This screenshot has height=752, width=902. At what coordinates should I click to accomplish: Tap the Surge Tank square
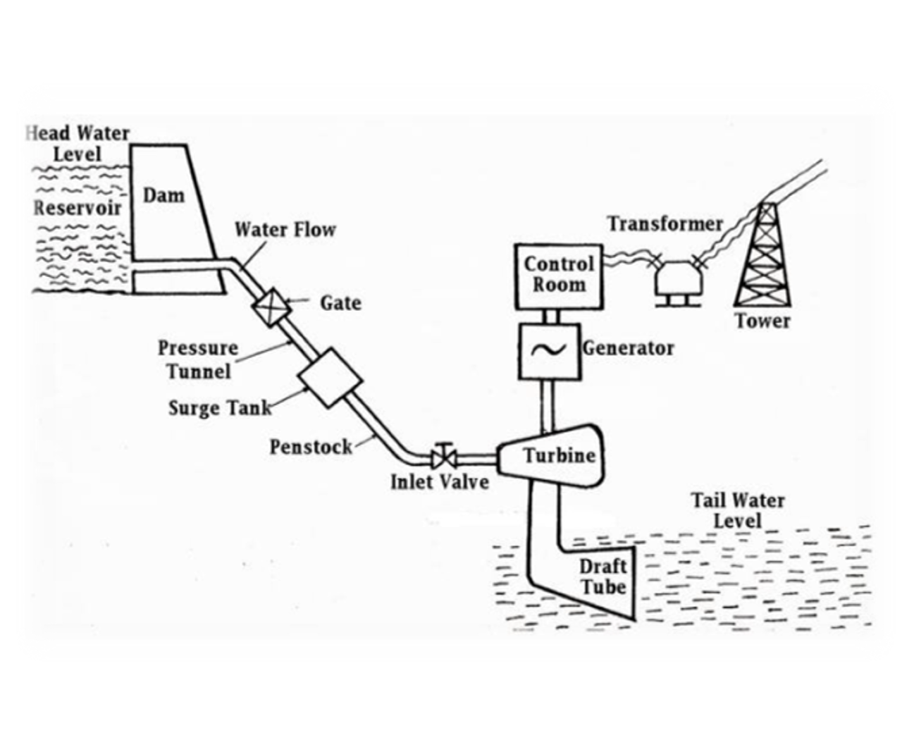(x=330, y=378)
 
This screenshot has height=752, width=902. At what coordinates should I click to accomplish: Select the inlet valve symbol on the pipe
(x=443, y=457)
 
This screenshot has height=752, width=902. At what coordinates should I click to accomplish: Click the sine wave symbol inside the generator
(x=549, y=350)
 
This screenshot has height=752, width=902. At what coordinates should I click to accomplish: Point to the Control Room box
(x=559, y=276)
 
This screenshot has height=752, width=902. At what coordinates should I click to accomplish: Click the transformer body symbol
(x=678, y=278)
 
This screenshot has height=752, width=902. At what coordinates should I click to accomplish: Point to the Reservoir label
(x=78, y=208)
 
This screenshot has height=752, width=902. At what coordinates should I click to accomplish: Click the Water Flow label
(x=285, y=230)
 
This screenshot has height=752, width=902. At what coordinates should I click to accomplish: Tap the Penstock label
(x=310, y=447)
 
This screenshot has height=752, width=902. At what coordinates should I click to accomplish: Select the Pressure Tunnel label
(x=198, y=359)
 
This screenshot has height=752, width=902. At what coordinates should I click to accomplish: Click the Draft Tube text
(x=603, y=576)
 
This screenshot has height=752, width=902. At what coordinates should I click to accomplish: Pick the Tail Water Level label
(x=737, y=510)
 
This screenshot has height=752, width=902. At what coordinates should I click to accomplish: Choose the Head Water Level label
(x=78, y=143)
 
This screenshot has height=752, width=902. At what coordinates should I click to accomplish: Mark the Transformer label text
(x=665, y=224)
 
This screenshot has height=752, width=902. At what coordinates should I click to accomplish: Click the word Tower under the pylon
(x=762, y=321)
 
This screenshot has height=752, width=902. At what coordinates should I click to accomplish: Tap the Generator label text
(x=628, y=348)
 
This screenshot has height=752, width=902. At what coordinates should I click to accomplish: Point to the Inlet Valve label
(x=440, y=482)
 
